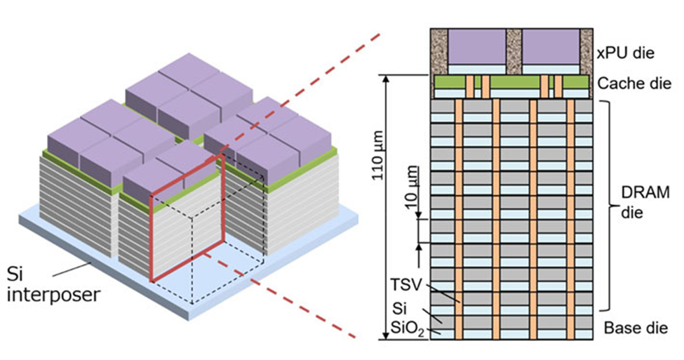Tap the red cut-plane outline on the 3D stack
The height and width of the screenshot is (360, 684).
coord(152,239)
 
